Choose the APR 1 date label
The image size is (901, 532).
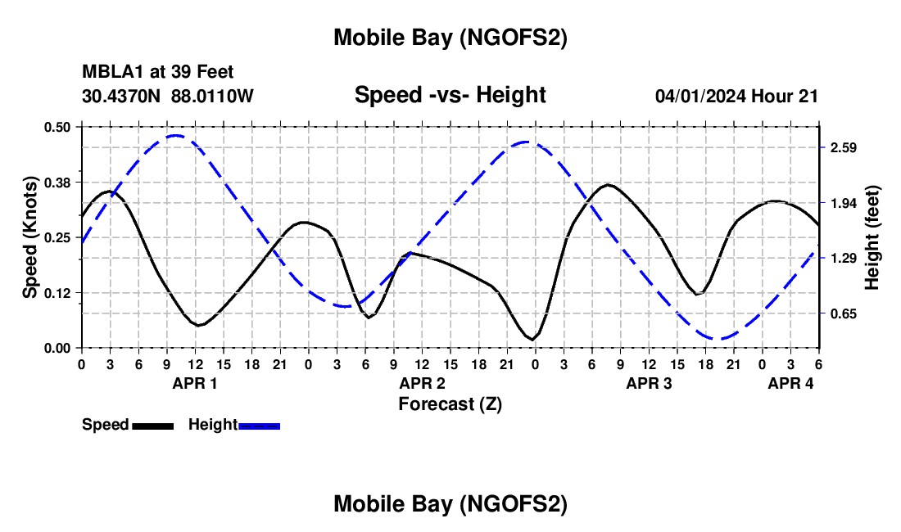(x=195, y=383)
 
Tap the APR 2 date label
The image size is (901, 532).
(x=423, y=383)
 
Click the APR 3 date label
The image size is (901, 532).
(x=650, y=383)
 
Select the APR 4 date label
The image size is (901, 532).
(x=790, y=383)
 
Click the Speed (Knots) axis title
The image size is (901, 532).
(x=30, y=237)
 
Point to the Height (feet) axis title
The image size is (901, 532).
(x=873, y=237)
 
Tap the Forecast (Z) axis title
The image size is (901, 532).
(x=450, y=404)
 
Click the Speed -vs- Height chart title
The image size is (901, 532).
(x=450, y=95)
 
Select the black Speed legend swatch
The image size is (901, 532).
(x=152, y=426)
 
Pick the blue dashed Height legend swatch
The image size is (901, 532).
(x=259, y=426)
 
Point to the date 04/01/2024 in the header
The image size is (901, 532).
(x=700, y=96)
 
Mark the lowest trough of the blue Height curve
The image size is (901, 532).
(x=717, y=338)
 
